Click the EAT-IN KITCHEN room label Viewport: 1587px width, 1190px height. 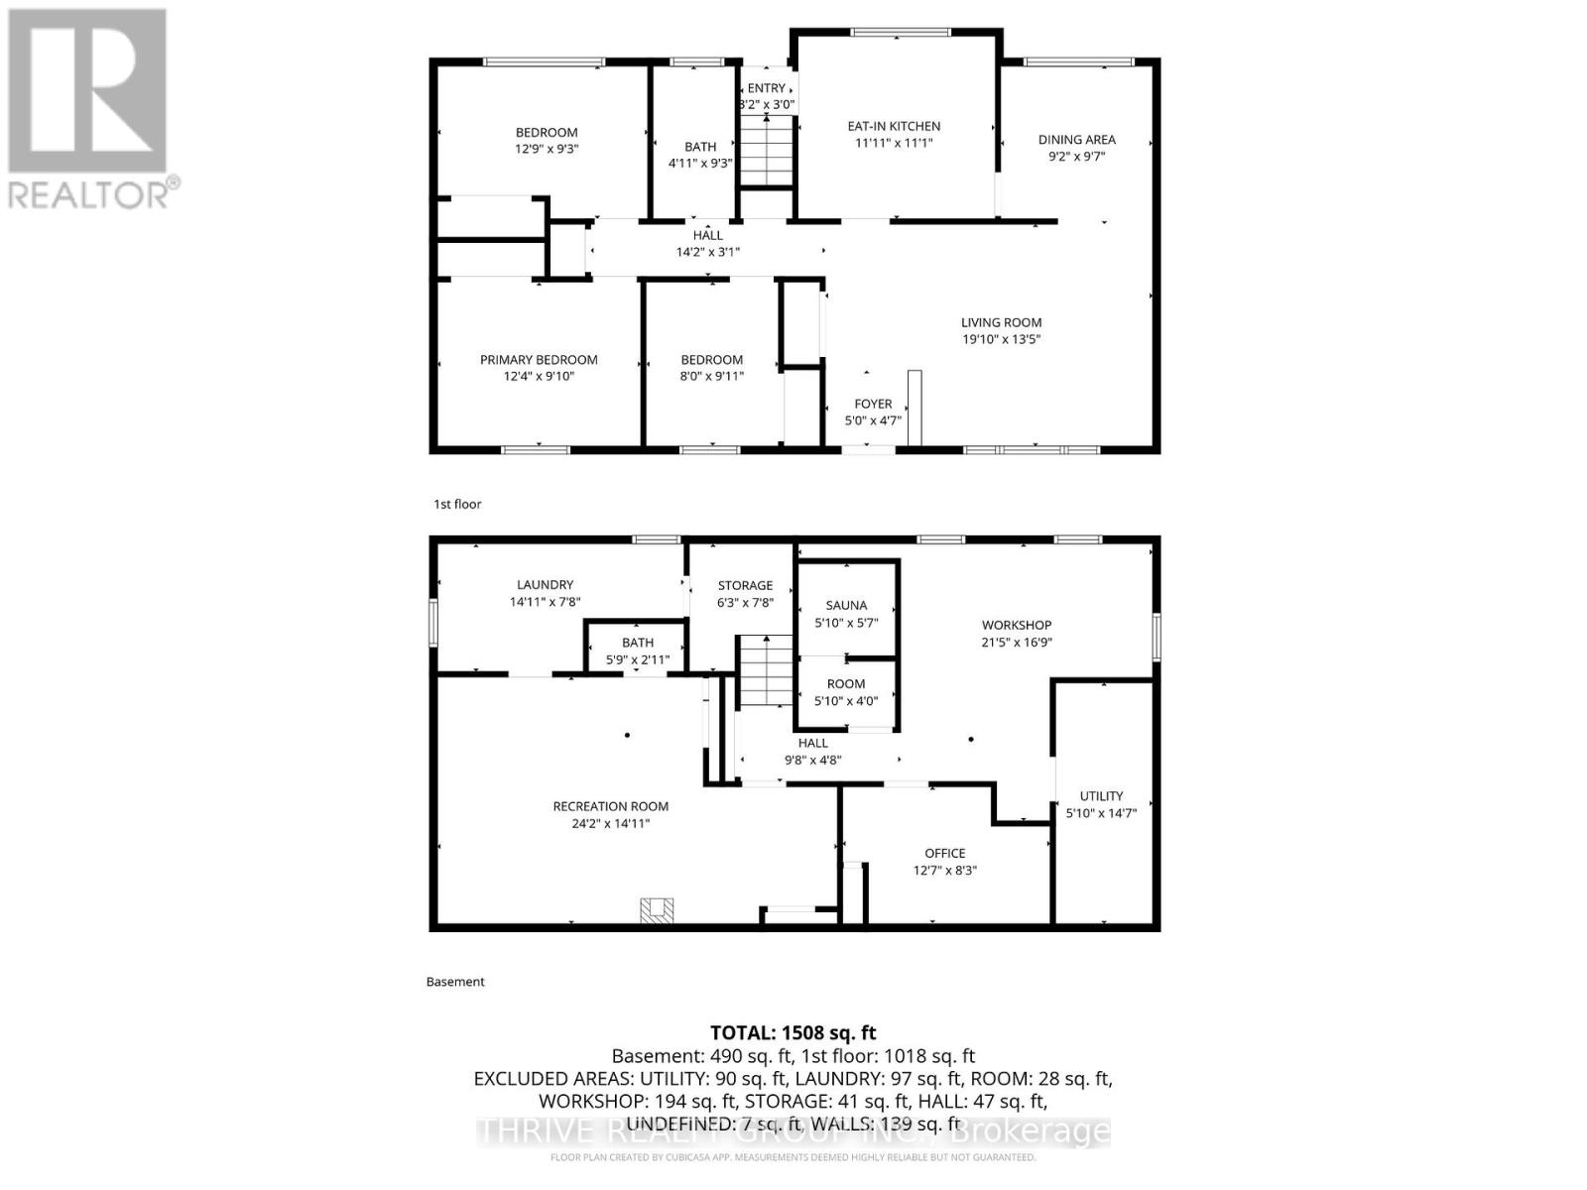coord(894,126)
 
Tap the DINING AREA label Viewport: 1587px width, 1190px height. coord(1076,140)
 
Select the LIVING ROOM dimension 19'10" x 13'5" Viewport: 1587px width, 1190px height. coord(1001,339)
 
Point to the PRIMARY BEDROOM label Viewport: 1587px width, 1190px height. coord(539,360)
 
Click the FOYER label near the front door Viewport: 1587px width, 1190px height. coord(873,404)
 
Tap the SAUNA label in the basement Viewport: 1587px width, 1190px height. coord(846,605)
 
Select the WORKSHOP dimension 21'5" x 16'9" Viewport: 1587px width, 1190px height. coord(1017,642)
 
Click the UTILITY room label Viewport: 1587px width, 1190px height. coord(1101,795)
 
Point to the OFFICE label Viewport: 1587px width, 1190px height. coord(944,853)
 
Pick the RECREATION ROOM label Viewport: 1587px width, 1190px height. coord(610,806)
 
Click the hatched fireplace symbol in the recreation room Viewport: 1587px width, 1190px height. coord(657,910)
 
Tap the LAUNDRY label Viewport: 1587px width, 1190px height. coord(545,585)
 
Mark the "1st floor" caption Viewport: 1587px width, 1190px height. coord(457,504)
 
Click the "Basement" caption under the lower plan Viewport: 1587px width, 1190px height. coord(455,982)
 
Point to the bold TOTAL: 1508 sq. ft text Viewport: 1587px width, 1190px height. coord(793,1032)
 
